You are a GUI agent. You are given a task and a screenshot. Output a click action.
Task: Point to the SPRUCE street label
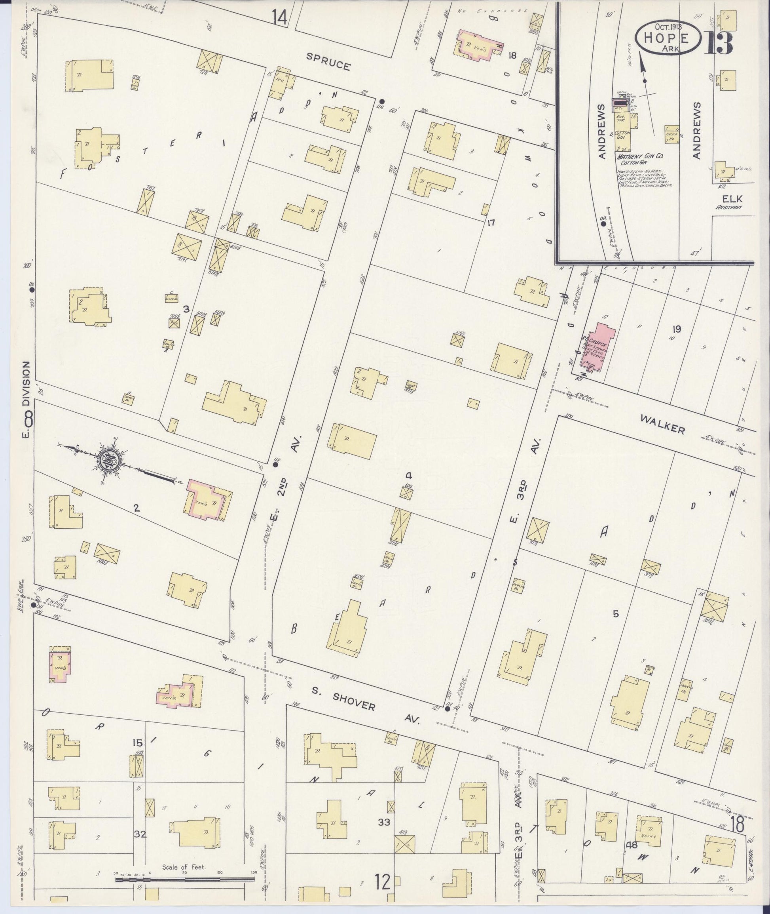[x=328, y=62]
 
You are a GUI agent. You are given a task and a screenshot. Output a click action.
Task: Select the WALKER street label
[x=662, y=423]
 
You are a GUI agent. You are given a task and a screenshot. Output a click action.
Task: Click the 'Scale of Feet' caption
[x=183, y=867]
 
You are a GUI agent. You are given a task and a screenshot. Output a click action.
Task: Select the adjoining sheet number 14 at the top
[x=279, y=17]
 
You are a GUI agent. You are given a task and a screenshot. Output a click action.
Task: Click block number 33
[x=384, y=822]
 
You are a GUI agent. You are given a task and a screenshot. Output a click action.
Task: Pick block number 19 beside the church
[x=677, y=329]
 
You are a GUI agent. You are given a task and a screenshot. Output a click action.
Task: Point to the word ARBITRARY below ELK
[x=728, y=208]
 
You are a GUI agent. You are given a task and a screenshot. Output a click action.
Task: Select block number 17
[x=491, y=223]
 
